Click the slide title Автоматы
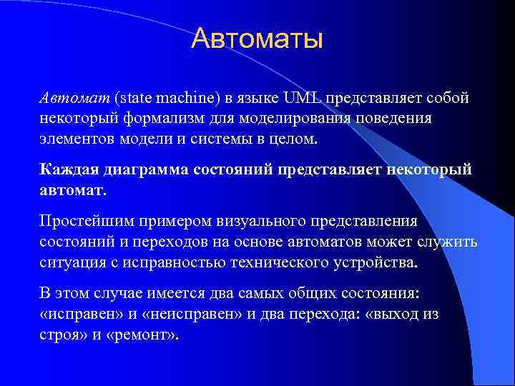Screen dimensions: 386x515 (x=257, y=39)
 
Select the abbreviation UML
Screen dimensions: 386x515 (x=303, y=97)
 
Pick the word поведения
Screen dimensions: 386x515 (x=397, y=117)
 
